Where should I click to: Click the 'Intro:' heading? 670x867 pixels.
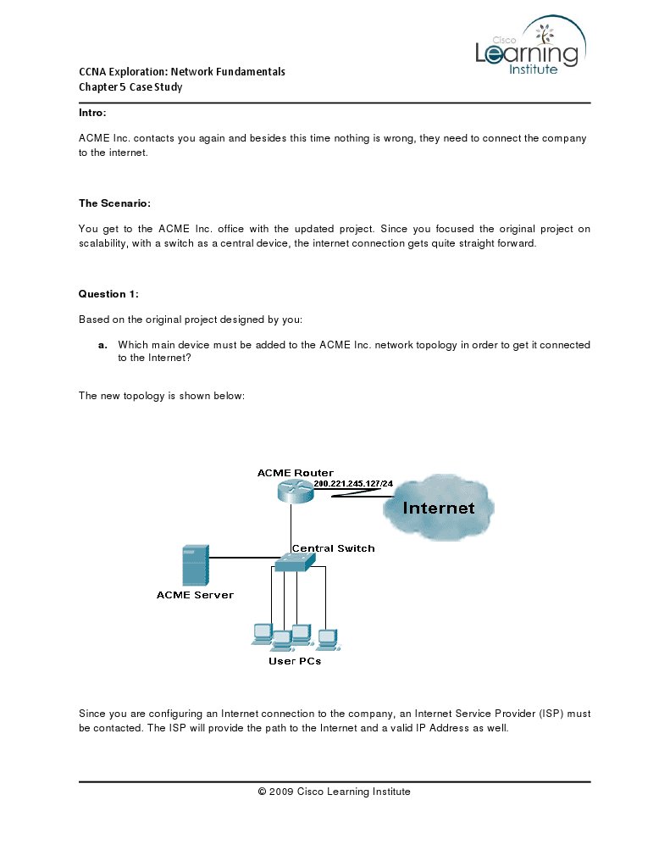[x=92, y=113]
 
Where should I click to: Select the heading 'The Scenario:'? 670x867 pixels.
[x=114, y=203]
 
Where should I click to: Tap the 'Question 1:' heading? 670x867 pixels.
[x=108, y=294]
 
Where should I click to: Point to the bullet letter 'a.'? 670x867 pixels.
[x=102, y=345]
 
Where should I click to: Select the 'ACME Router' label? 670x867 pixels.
[x=295, y=473]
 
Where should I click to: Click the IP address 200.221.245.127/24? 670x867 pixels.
[x=353, y=484]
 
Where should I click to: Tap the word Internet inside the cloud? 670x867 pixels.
[x=438, y=509]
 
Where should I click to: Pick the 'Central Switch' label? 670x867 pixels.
[x=333, y=548]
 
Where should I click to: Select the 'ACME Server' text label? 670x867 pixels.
[x=195, y=595]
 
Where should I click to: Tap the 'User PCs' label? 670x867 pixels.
[x=295, y=661]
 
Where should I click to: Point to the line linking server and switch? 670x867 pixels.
[x=241, y=558]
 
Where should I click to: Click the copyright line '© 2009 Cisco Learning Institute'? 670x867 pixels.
[x=334, y=792]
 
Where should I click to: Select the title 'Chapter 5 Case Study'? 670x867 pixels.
[x=130, y=86]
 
